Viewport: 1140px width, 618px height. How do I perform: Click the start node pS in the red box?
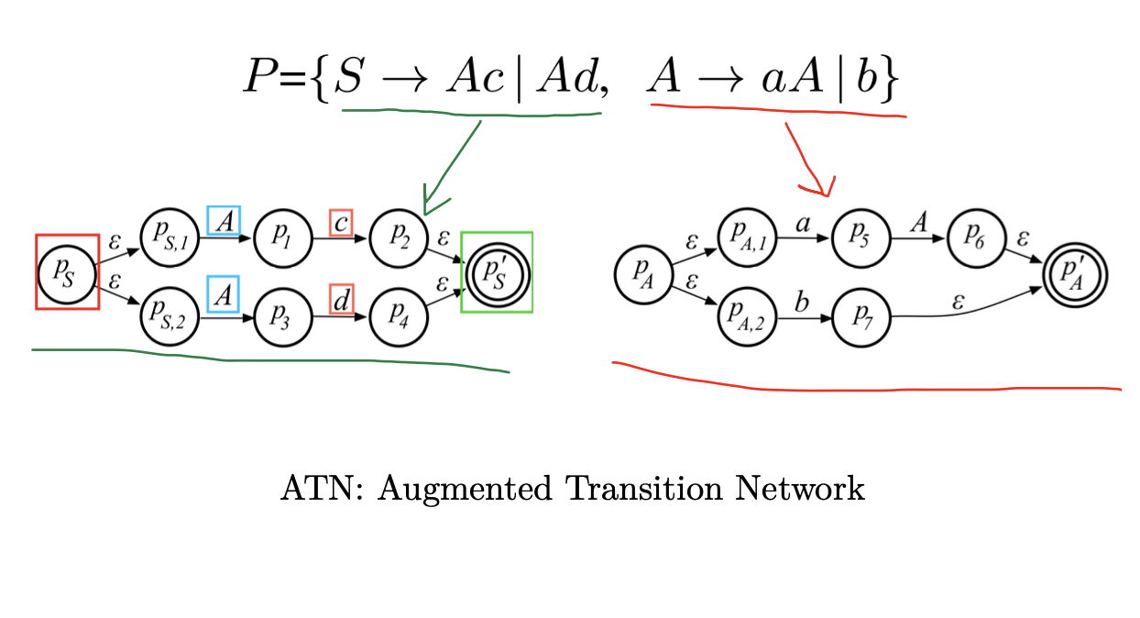pyautogui.click(x=67, y=272)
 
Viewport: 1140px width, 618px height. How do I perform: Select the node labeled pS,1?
pyautogui.click(x=170, y=240)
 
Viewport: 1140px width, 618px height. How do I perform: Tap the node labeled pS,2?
pyautogui.click(x=170, y=316)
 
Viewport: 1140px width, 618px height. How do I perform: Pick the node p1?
pyautogui.click(x=282, y=240)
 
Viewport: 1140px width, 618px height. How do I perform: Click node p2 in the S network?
pyautogui.click(x=399, y=240)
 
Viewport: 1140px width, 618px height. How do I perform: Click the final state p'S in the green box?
pyautogui.click(x=497, y=272)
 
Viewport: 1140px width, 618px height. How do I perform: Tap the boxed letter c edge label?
pyautogui.click(x=341, y=222)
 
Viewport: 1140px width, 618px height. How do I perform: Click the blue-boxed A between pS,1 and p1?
pyautogui.click(x=223, y=220)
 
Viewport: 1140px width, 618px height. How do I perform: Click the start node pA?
pyautogui.click(x=641, y=272)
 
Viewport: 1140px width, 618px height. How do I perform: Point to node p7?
pyautogui.click(x=860, y=316)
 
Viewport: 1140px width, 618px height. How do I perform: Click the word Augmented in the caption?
pyautogui.click(x=465, y=489)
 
